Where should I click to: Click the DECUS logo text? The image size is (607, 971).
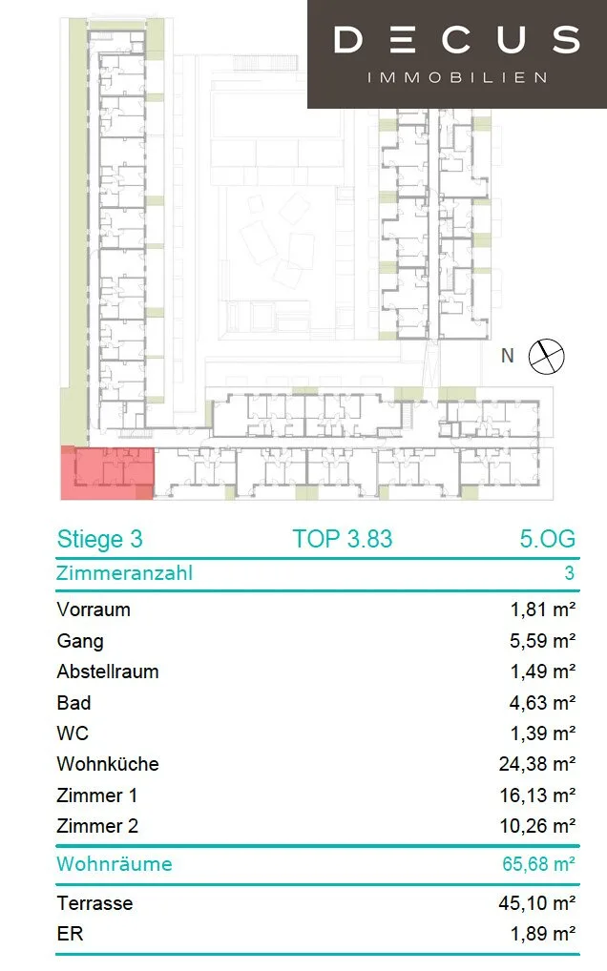click(457, 40)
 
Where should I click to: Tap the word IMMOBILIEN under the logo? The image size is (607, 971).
click(457, 78)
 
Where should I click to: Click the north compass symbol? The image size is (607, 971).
click(546, 357)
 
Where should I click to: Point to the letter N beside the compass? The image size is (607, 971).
click(508, 356)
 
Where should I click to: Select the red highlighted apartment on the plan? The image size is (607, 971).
click(107, 472)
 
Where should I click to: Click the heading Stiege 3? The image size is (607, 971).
click(99, 539)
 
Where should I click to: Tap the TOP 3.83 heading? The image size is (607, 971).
click(343, 539)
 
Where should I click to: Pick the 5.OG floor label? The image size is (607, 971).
click(548, 539)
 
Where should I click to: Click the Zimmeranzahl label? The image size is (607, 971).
click(124, 573)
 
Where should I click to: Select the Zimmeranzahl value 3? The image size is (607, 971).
click(569, 573)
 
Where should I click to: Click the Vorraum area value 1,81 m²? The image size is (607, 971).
click(543, 609)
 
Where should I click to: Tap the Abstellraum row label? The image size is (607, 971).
click(108, 671)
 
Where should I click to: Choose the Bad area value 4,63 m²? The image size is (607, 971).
click(543, 703)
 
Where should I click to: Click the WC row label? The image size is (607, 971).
click(73, 733)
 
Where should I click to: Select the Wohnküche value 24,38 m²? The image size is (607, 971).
click(537, 764)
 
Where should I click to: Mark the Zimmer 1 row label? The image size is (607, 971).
click(96, 795)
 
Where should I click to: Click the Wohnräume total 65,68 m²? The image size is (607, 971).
click(539, 864)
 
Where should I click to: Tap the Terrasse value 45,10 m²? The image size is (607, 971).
click(537, 903)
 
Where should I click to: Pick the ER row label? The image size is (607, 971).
click(70, 934)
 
